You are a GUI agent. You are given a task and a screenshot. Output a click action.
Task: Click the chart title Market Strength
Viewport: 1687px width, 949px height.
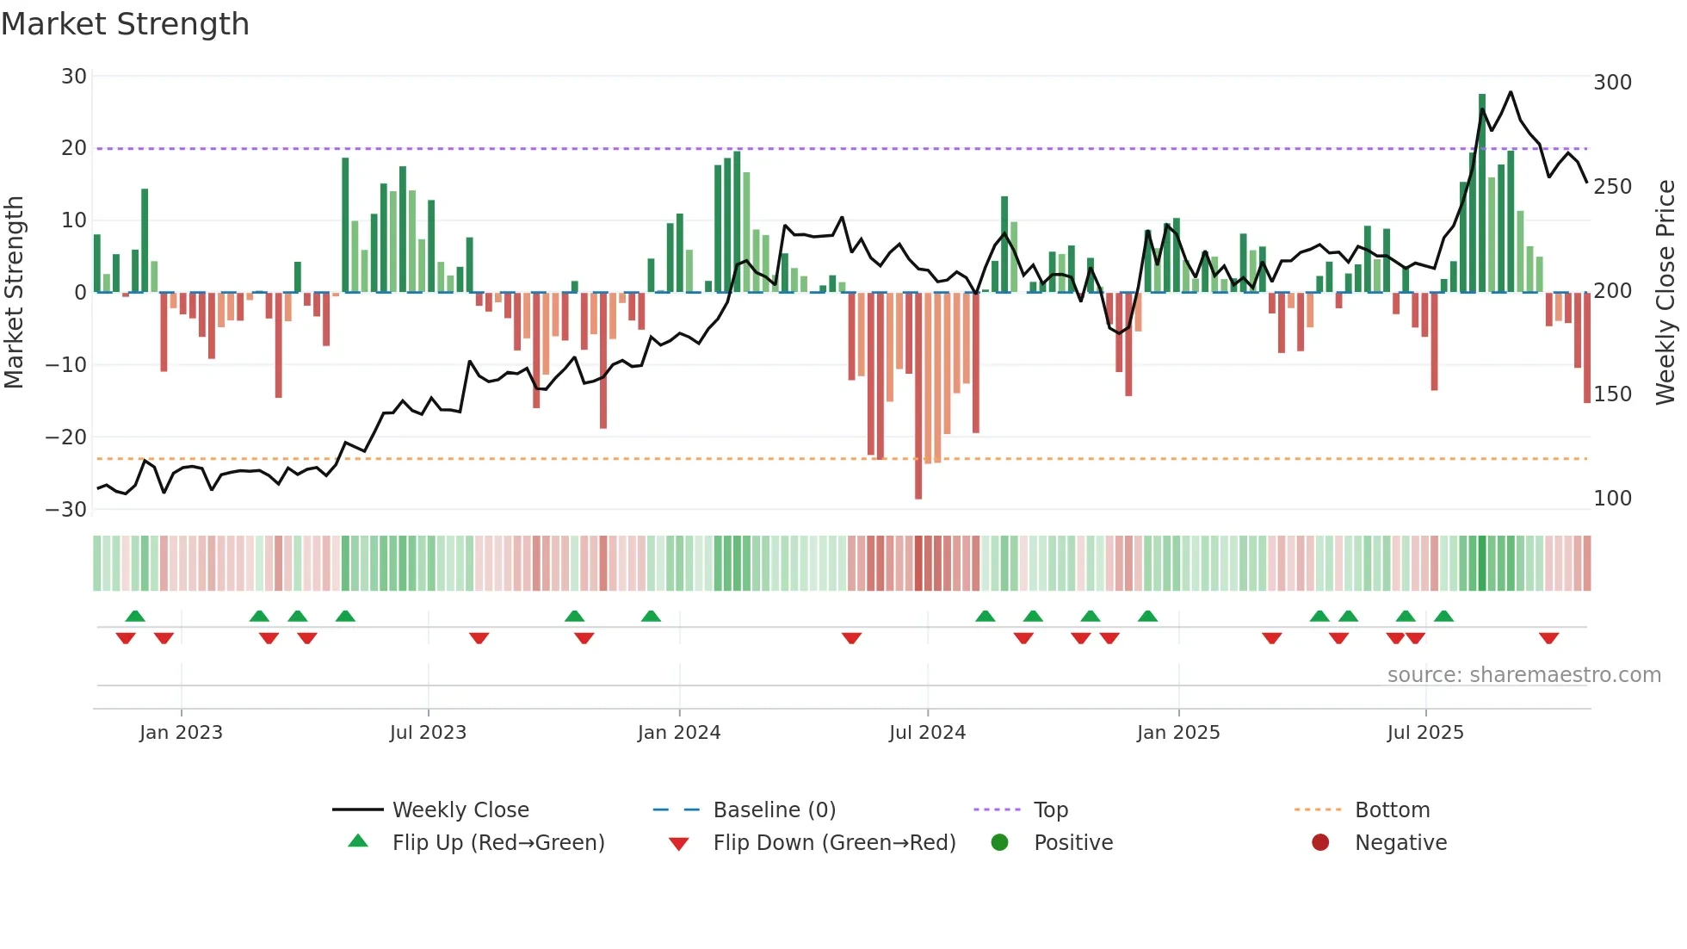point(125,24)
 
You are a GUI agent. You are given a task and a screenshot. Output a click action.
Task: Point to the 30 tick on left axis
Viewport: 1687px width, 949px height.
point(74,77)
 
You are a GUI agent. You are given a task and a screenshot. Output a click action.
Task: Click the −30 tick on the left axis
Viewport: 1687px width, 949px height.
point(66,509)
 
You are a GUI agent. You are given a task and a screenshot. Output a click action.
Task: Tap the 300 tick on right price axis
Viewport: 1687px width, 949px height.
point(1612,83)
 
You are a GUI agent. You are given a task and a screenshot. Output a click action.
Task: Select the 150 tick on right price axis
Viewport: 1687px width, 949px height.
point(1612,394)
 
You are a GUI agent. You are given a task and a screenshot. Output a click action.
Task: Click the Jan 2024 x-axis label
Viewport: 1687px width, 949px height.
point(679,733)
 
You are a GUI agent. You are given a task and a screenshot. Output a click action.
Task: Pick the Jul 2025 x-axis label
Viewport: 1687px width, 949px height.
point(1424,733)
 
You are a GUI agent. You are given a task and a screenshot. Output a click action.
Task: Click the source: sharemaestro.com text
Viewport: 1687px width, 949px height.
point(1523,675)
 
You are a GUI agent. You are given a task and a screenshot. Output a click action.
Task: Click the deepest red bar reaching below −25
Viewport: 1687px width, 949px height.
point(918,396)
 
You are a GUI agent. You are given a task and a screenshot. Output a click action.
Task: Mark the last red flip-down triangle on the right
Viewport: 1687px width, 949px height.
point(1549,638)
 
